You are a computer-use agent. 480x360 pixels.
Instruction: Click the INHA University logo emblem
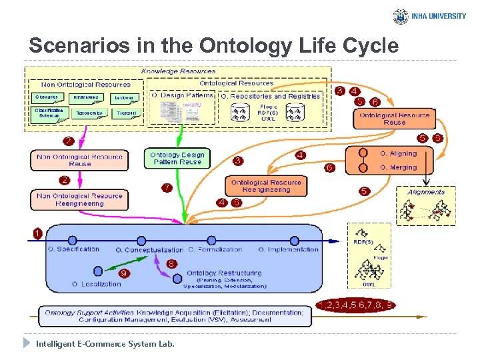(401, 17)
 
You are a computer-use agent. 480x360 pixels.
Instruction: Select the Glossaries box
(46, 97)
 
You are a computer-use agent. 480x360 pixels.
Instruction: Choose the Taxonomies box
(89, 113)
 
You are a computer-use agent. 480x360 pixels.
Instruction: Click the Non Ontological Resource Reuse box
(79, 160)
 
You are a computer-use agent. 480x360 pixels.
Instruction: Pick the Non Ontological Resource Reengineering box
(79, 199)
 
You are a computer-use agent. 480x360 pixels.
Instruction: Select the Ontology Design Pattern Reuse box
(177, 158)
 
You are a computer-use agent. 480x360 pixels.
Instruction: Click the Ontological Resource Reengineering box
(266, 186)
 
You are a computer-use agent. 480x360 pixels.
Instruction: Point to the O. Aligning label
(398, 153)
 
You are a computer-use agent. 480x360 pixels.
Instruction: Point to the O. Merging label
(398, 167)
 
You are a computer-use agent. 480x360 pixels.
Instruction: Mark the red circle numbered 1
(37, 233)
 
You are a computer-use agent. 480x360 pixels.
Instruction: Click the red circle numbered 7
(167, 189)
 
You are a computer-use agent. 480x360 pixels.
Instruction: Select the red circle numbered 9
(124, 273)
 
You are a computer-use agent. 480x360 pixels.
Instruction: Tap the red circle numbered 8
(171, 264)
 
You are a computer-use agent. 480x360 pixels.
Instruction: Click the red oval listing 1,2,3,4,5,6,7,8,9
(355, 305)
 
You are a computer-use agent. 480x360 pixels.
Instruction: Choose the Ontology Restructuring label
(224, 273)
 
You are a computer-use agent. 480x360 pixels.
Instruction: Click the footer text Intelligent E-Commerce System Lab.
(105, 344)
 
